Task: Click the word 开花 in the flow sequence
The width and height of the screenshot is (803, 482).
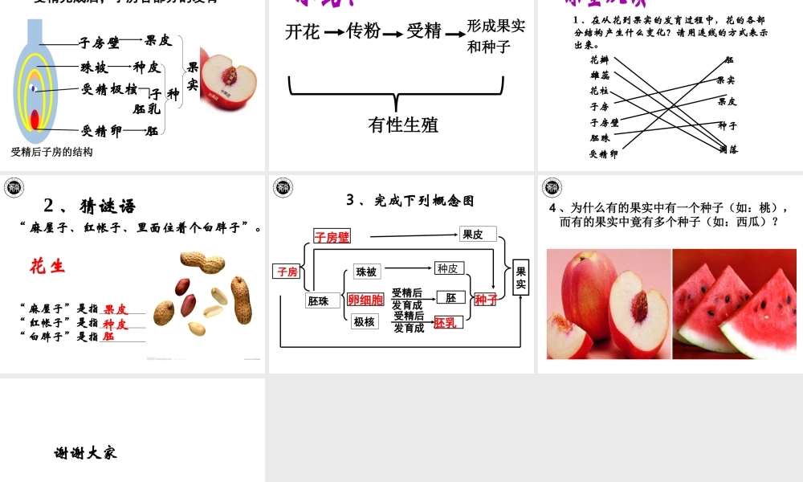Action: click(302, 31)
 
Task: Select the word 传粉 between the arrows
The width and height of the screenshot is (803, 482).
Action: click(363, 31)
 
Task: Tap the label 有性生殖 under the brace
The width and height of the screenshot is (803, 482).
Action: click(403, 125)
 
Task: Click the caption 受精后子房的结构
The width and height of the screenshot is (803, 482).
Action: click(52, 151)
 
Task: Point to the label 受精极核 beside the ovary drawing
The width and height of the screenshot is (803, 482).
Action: click(109, 89)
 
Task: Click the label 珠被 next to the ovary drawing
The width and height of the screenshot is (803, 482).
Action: click(94, 67)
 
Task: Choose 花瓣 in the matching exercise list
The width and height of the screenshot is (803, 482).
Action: click(599, 59)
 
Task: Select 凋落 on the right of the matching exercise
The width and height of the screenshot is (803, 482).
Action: click(728, 149)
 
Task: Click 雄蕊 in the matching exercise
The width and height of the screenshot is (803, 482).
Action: click(599, 75)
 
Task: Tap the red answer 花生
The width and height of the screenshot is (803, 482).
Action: click(47, 266)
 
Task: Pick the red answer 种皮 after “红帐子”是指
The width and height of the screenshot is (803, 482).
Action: click(116, 323)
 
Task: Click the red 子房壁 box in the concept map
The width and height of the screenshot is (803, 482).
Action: click(332, 237)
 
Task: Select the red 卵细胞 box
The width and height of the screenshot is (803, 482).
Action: click(365, 300)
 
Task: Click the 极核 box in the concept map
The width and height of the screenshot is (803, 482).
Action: click(364, 322)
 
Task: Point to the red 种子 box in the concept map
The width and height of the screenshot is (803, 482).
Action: click(485, 300)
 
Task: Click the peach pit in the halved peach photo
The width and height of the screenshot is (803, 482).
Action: click(640, 304)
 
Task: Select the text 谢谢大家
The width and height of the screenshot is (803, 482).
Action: click(86, 453)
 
